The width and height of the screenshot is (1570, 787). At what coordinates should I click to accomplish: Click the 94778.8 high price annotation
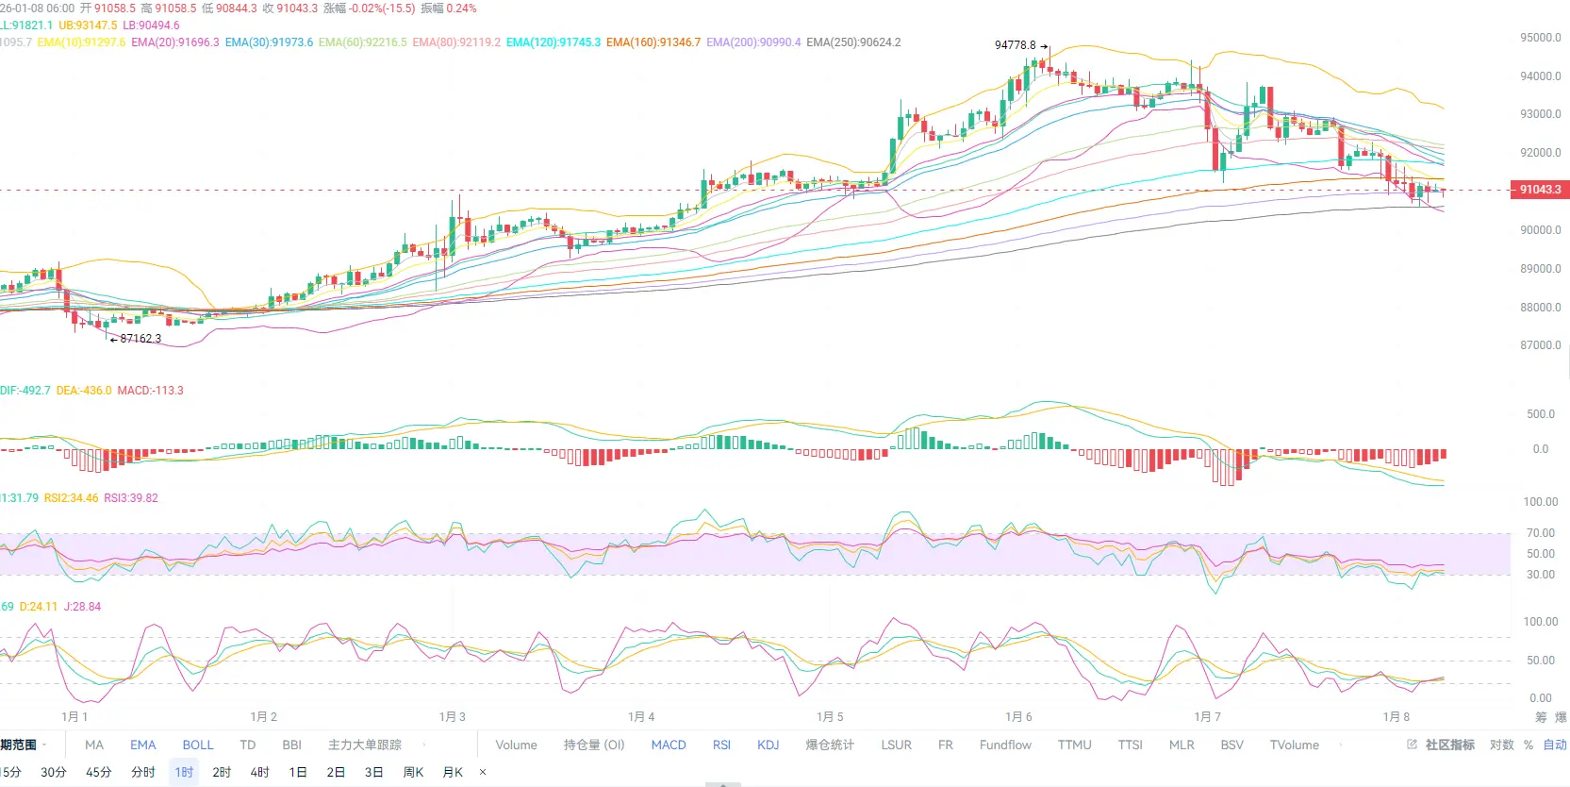click(1015, 45)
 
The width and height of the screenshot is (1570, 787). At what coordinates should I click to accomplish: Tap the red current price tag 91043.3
click(1539, 190)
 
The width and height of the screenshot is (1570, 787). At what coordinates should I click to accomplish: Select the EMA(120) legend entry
click(553, 42)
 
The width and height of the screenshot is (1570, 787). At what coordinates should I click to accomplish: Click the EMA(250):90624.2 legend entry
click(853, 42)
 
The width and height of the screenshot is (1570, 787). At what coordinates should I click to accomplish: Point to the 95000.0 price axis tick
click(1540, 38)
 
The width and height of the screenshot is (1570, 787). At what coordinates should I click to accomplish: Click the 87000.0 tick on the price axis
click(1540, 345)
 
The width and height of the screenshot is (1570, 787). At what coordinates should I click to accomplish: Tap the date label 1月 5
click(830, 717)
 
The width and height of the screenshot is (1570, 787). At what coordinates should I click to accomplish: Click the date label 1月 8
click(1396, 717)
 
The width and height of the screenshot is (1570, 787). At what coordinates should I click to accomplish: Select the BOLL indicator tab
click(198, 745)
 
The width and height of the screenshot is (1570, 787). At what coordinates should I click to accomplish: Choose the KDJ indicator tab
click(768, 745)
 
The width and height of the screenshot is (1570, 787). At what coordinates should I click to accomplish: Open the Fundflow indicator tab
click(1005, 745)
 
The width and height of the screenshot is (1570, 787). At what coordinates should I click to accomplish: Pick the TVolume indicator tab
click(1294, 745)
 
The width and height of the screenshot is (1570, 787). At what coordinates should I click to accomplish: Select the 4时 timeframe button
click(259, 773)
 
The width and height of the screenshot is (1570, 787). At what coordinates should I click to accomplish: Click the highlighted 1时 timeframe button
click(184, 773)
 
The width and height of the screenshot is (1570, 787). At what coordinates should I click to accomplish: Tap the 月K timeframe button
click(453, 773)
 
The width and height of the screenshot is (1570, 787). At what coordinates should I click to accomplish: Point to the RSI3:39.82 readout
click(131, 498)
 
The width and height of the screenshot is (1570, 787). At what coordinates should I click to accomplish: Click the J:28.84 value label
click(82, 607)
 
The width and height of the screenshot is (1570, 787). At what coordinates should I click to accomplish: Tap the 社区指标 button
click(1448, 745)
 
